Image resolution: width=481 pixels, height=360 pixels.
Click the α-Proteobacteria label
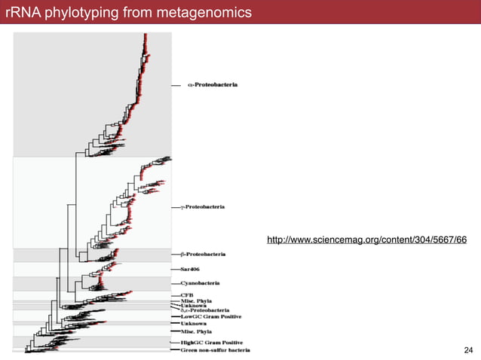tap(213, 85)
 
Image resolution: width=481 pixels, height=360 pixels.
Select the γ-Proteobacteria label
tap(207, 206)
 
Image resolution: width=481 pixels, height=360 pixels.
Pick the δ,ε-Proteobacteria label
tap(205, 310)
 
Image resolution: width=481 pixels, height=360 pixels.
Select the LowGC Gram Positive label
tap(206, 317)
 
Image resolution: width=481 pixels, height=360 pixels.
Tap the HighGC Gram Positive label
tap(208, 343)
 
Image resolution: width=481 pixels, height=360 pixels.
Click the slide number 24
tap(468, 350)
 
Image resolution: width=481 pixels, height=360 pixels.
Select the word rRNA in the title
tap(20, 13)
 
